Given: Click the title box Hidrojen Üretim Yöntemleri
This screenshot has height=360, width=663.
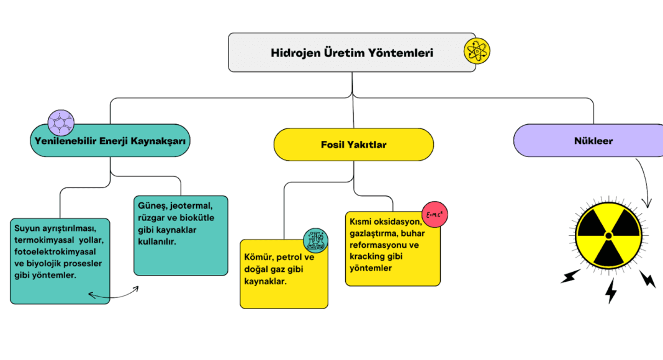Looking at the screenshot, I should pyautogui.click(x=351, y=53).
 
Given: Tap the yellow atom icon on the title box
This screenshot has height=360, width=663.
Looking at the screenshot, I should pyautogui.click(x=477, y=51).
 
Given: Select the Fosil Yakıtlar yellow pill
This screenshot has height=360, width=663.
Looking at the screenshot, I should pyautogui.click(x=353, y=145).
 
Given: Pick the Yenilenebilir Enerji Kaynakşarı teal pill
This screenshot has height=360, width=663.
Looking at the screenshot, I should pyautogui.click(x=110, y=140).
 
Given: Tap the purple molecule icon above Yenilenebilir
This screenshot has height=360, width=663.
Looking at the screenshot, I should pyautogui.click(x=61, y=122).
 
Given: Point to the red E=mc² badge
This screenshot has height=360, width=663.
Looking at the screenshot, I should pyautogui.click(x=435, y=215).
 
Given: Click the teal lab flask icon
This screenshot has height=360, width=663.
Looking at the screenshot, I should pyautogui.click(x=315, y=240).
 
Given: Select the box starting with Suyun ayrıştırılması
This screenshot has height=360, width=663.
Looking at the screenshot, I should pyautogui.click(x=60, y=261).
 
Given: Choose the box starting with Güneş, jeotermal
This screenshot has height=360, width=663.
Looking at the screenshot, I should pyautogui.click(x=181, y=235).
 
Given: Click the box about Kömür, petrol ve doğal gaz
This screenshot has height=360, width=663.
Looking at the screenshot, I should pyautogui.click(x=284, y=273).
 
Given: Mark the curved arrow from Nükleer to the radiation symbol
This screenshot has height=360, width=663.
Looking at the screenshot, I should pyautogui.click(x=646, y=180).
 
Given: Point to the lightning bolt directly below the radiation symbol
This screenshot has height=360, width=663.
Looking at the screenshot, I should pyautogui.click(x=611, y=290).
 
